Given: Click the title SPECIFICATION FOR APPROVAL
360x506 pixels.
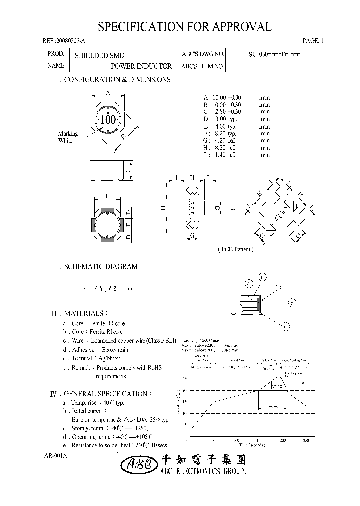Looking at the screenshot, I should [x=185, y=27].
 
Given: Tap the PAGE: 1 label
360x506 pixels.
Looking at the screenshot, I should [x=313, y=41].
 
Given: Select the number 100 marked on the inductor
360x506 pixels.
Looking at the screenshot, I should [x=108, y=120].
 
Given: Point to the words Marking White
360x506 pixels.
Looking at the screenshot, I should [x=65, y=137].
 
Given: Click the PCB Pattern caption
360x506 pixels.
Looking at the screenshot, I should [x=235, y=249].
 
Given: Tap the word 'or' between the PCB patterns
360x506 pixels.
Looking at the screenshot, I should [x=233, y=207].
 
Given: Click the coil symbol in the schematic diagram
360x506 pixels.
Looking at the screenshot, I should [x=108, y=289].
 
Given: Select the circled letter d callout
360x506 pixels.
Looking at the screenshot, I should [x=292, y=302].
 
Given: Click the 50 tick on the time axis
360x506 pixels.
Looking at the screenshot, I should [x=214, y=440].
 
